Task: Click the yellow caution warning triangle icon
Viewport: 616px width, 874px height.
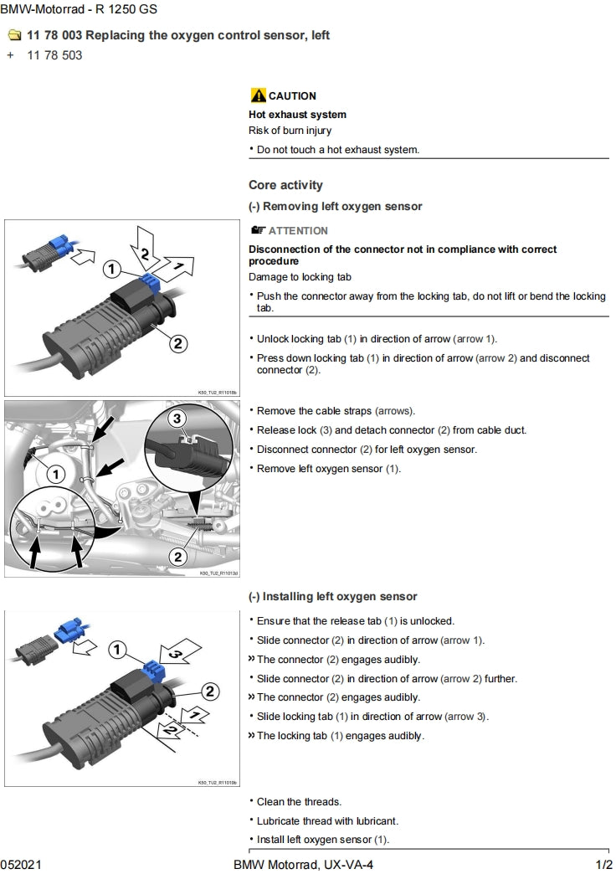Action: click(x=258, y=95)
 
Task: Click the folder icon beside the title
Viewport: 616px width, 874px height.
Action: click(x=13, y=35)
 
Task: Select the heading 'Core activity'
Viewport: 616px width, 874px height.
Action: click(x=285, y=185)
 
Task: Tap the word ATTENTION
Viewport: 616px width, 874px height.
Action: click(x=298, y=230)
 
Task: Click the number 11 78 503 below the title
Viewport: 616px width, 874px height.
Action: click(x=54, y=56)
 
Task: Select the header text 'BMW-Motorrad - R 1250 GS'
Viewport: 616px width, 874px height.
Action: click(x=78, y=10)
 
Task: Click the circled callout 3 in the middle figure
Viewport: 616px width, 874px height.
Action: click(x=176, y=418)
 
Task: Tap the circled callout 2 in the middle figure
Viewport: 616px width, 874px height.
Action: click(x=177, y=556)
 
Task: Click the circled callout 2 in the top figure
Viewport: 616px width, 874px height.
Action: click(x=178, y=342)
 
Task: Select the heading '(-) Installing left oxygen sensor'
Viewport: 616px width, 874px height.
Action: click(x=333, y=597)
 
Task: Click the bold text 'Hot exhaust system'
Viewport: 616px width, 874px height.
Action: click(x=297, y=115)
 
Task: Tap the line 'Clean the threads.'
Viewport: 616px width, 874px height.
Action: click(x=299, y=802)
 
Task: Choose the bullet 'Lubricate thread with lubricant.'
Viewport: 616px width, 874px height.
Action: click(x=327, y=820)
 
